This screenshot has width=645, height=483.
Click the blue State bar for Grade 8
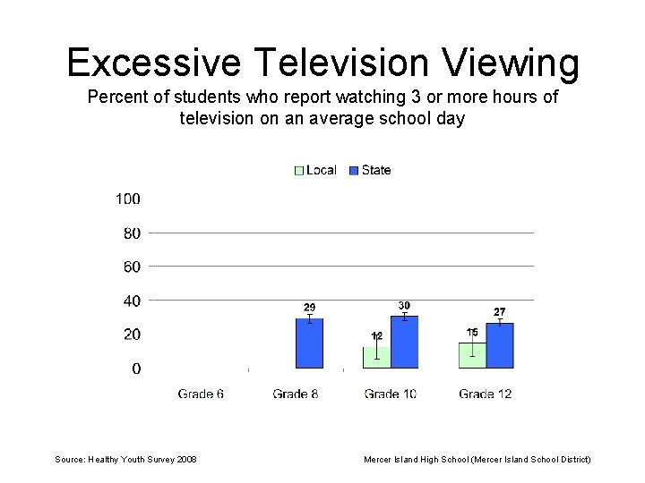click(309, 343)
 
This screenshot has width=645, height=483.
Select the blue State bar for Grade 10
click(404, 343)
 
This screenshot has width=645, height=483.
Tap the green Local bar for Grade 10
click(377, 358)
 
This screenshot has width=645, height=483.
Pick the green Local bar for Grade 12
click(472, 355)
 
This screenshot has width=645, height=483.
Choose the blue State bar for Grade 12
click(500, 345)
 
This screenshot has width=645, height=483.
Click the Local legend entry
click(315, 170)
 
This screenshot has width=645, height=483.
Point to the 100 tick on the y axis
click(127, 199)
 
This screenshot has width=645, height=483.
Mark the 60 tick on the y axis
click(131, 267)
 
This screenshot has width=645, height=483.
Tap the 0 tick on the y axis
click(135, 369)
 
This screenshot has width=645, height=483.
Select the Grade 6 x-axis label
click(201, 394)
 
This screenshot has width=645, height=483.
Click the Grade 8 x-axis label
click(296, 394)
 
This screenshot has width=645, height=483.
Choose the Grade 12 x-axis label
click(485, 394)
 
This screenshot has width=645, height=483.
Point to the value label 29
click(309, 308)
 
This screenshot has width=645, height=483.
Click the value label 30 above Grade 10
click(404, 306)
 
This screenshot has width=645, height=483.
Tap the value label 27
click(500, 311)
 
